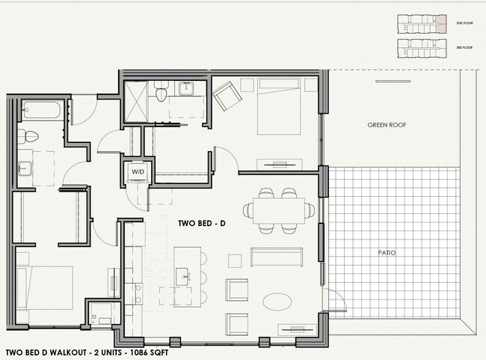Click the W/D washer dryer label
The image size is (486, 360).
point(139,171)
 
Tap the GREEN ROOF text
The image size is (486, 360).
point(387,125)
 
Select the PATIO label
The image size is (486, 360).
point(387,253)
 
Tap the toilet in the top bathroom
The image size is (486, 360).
point(161,92)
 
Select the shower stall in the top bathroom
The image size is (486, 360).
point(134,99)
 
